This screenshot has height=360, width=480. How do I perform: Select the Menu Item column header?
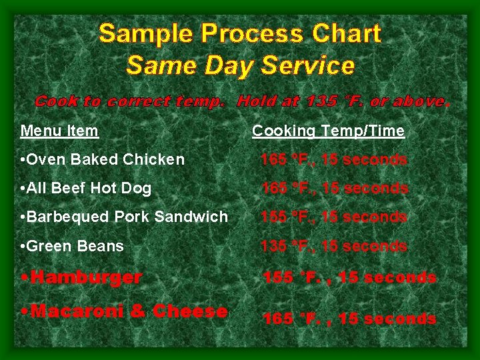pyautogui.click(x=59, y=131)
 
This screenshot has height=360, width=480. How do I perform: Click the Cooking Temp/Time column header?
pyautogui.click(x=328, y=131)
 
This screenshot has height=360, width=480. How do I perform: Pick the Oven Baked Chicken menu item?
pyautogui.click(x=103, y=159)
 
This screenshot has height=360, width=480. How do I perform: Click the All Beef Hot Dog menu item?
pyautogui.click(x=86, y=189)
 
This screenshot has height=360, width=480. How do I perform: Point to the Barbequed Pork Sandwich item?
pyautogui.click(x=124, y=217)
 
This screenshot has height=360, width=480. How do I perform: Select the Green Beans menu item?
pyautogui.click(x=72, y=246)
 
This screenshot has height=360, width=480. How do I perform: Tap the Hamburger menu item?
pyautogui.click(x=86, y=277)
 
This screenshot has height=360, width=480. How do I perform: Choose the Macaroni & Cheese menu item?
pyautogui.click(x=129, y=311)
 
